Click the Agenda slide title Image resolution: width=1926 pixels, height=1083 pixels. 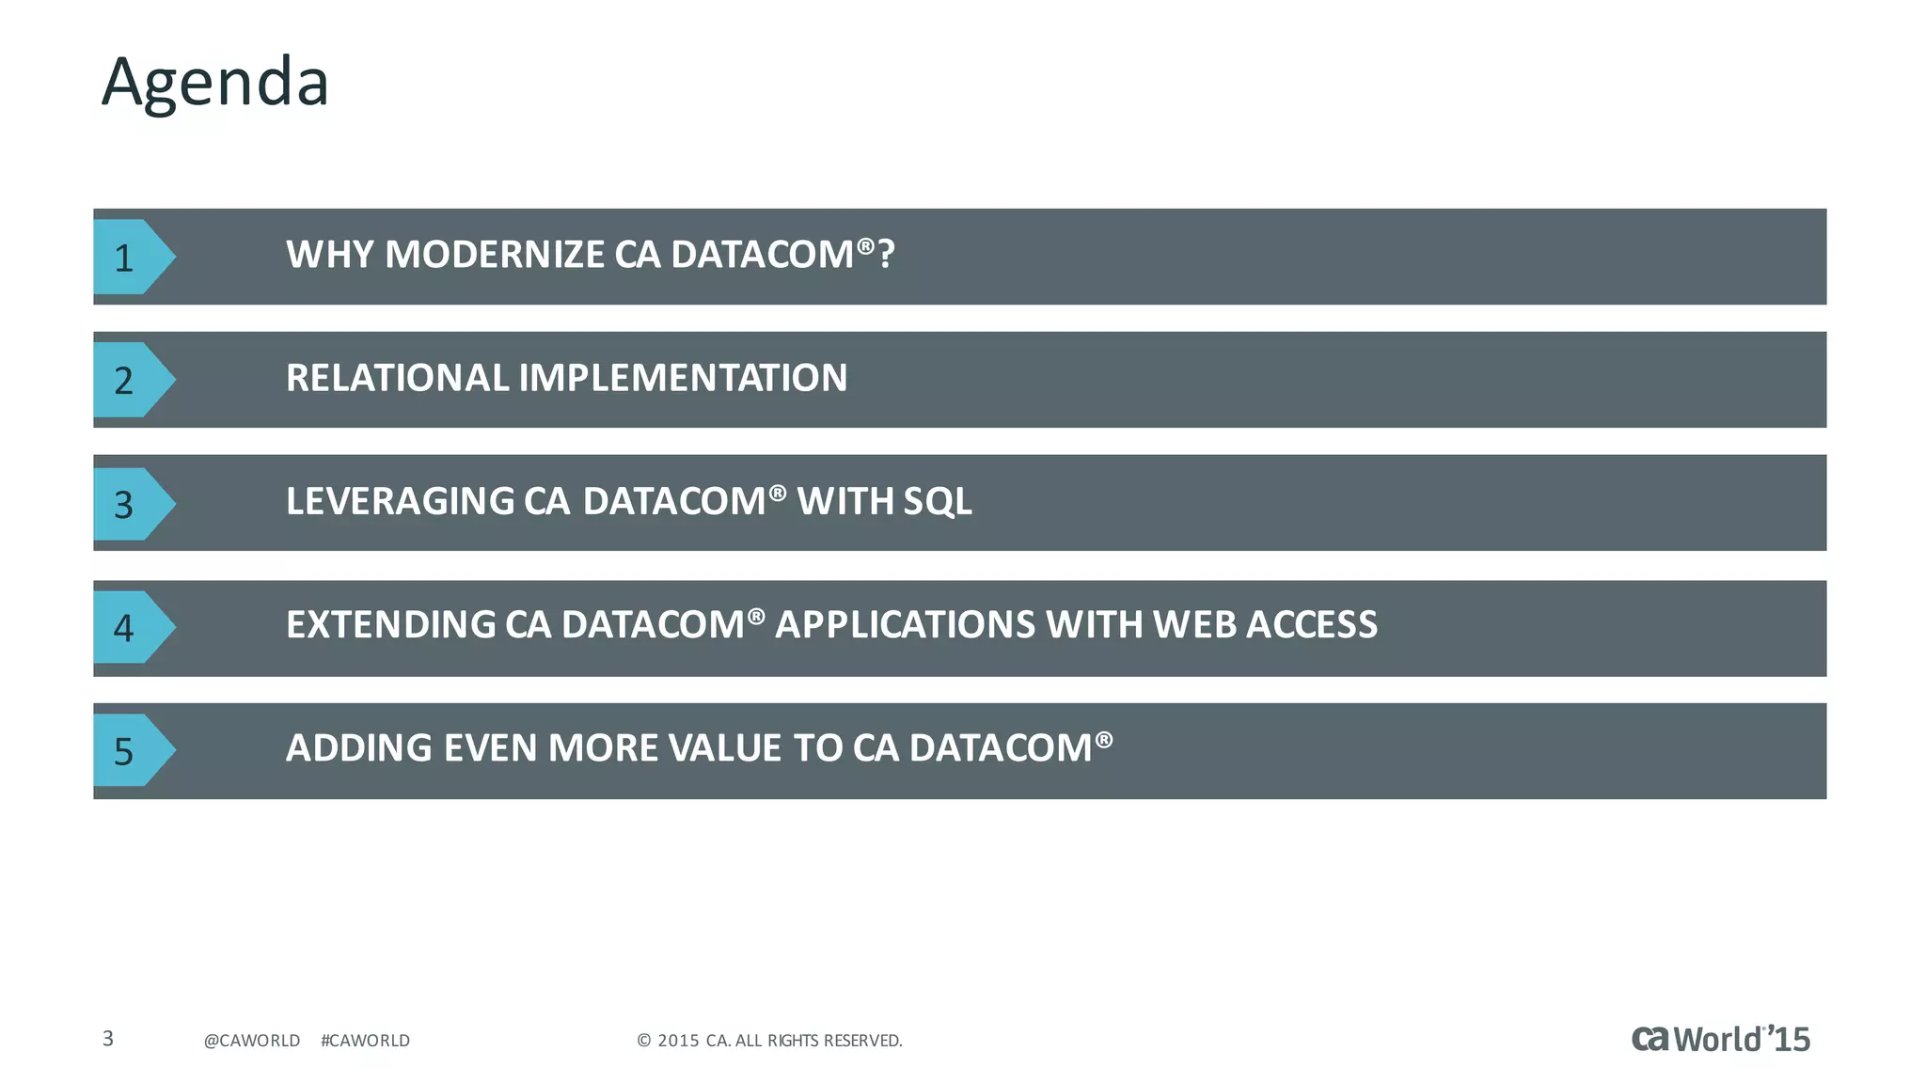coord(215,83)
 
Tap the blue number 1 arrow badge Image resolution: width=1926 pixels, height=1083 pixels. coord(130,257)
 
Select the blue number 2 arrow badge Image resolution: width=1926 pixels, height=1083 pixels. coord(130,380)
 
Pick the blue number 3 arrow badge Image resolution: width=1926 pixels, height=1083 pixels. coord(130,504)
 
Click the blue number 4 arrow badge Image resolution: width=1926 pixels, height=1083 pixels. coord(130,627)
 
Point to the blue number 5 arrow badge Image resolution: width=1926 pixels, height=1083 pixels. coord(130,750)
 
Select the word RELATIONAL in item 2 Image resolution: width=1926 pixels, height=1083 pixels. coord(397,378)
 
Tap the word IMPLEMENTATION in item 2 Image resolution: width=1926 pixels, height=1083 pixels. coord(683,378)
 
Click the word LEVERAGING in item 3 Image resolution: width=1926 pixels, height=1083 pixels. coord(401,501)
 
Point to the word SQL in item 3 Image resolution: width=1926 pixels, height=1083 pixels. coord(937,501)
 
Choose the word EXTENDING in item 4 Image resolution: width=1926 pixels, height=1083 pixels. coord(390,625)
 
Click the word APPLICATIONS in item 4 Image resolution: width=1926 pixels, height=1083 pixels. coord(905,625)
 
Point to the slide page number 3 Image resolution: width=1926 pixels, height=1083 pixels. coord(108,1039)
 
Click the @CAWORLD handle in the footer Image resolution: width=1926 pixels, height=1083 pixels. coord(252,1041)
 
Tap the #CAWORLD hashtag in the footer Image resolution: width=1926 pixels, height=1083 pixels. coord(365,1041)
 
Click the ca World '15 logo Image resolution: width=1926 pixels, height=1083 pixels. coord(1720,1039)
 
